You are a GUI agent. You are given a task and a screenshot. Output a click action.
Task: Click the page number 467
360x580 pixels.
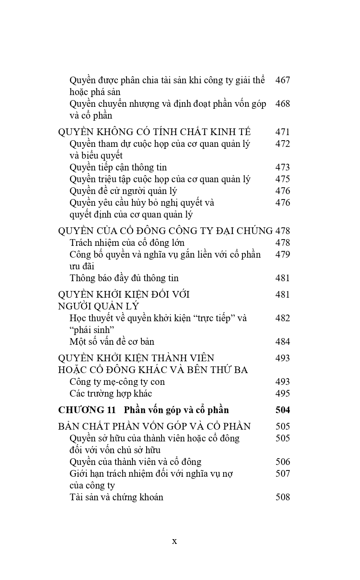[x=283, y=80]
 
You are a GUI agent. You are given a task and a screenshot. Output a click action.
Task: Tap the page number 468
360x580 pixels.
[x=283, y=104]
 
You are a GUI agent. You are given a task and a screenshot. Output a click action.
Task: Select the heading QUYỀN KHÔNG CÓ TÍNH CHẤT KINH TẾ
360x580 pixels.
[x=154, y=132]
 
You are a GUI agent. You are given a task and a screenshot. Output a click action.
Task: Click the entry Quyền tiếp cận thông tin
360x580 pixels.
[x=118, y=167]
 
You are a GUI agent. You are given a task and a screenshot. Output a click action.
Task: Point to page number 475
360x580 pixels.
[x=283, y=179]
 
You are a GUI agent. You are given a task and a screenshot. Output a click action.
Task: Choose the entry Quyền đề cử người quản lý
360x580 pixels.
[x=123, y=191]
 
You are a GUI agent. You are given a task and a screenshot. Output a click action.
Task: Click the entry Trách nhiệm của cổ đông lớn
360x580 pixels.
[x=127, y=243]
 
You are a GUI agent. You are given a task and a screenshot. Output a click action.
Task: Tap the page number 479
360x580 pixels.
[x=283, y=254]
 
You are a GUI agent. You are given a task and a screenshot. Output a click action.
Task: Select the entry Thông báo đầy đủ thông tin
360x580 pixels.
[x=124, y=278]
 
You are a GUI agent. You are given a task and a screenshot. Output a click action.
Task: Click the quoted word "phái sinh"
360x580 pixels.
[x=89, y=330]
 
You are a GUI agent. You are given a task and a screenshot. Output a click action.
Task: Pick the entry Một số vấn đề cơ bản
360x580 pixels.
[x=112, y=342]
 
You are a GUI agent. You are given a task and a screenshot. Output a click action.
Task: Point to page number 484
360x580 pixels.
[x=283, y=342]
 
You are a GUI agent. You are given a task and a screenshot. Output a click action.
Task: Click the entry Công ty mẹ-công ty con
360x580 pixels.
[x=117, y=382]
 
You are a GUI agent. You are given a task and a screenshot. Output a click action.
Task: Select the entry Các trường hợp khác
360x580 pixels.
[x=110, y=393]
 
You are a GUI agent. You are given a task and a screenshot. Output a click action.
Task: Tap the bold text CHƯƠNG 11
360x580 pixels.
[x=87, y=410]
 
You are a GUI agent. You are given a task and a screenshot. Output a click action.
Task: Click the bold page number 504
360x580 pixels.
[x=283, y=410]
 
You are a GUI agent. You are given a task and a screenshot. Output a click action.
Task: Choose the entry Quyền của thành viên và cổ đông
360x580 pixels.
[x=135, y=462]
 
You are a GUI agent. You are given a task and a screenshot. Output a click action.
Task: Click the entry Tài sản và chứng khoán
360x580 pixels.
[x=116, y=497]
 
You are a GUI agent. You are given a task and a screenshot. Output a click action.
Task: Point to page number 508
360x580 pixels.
[x=283, y=497]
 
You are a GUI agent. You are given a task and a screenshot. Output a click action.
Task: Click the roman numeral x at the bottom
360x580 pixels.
[x=174, y=541]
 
